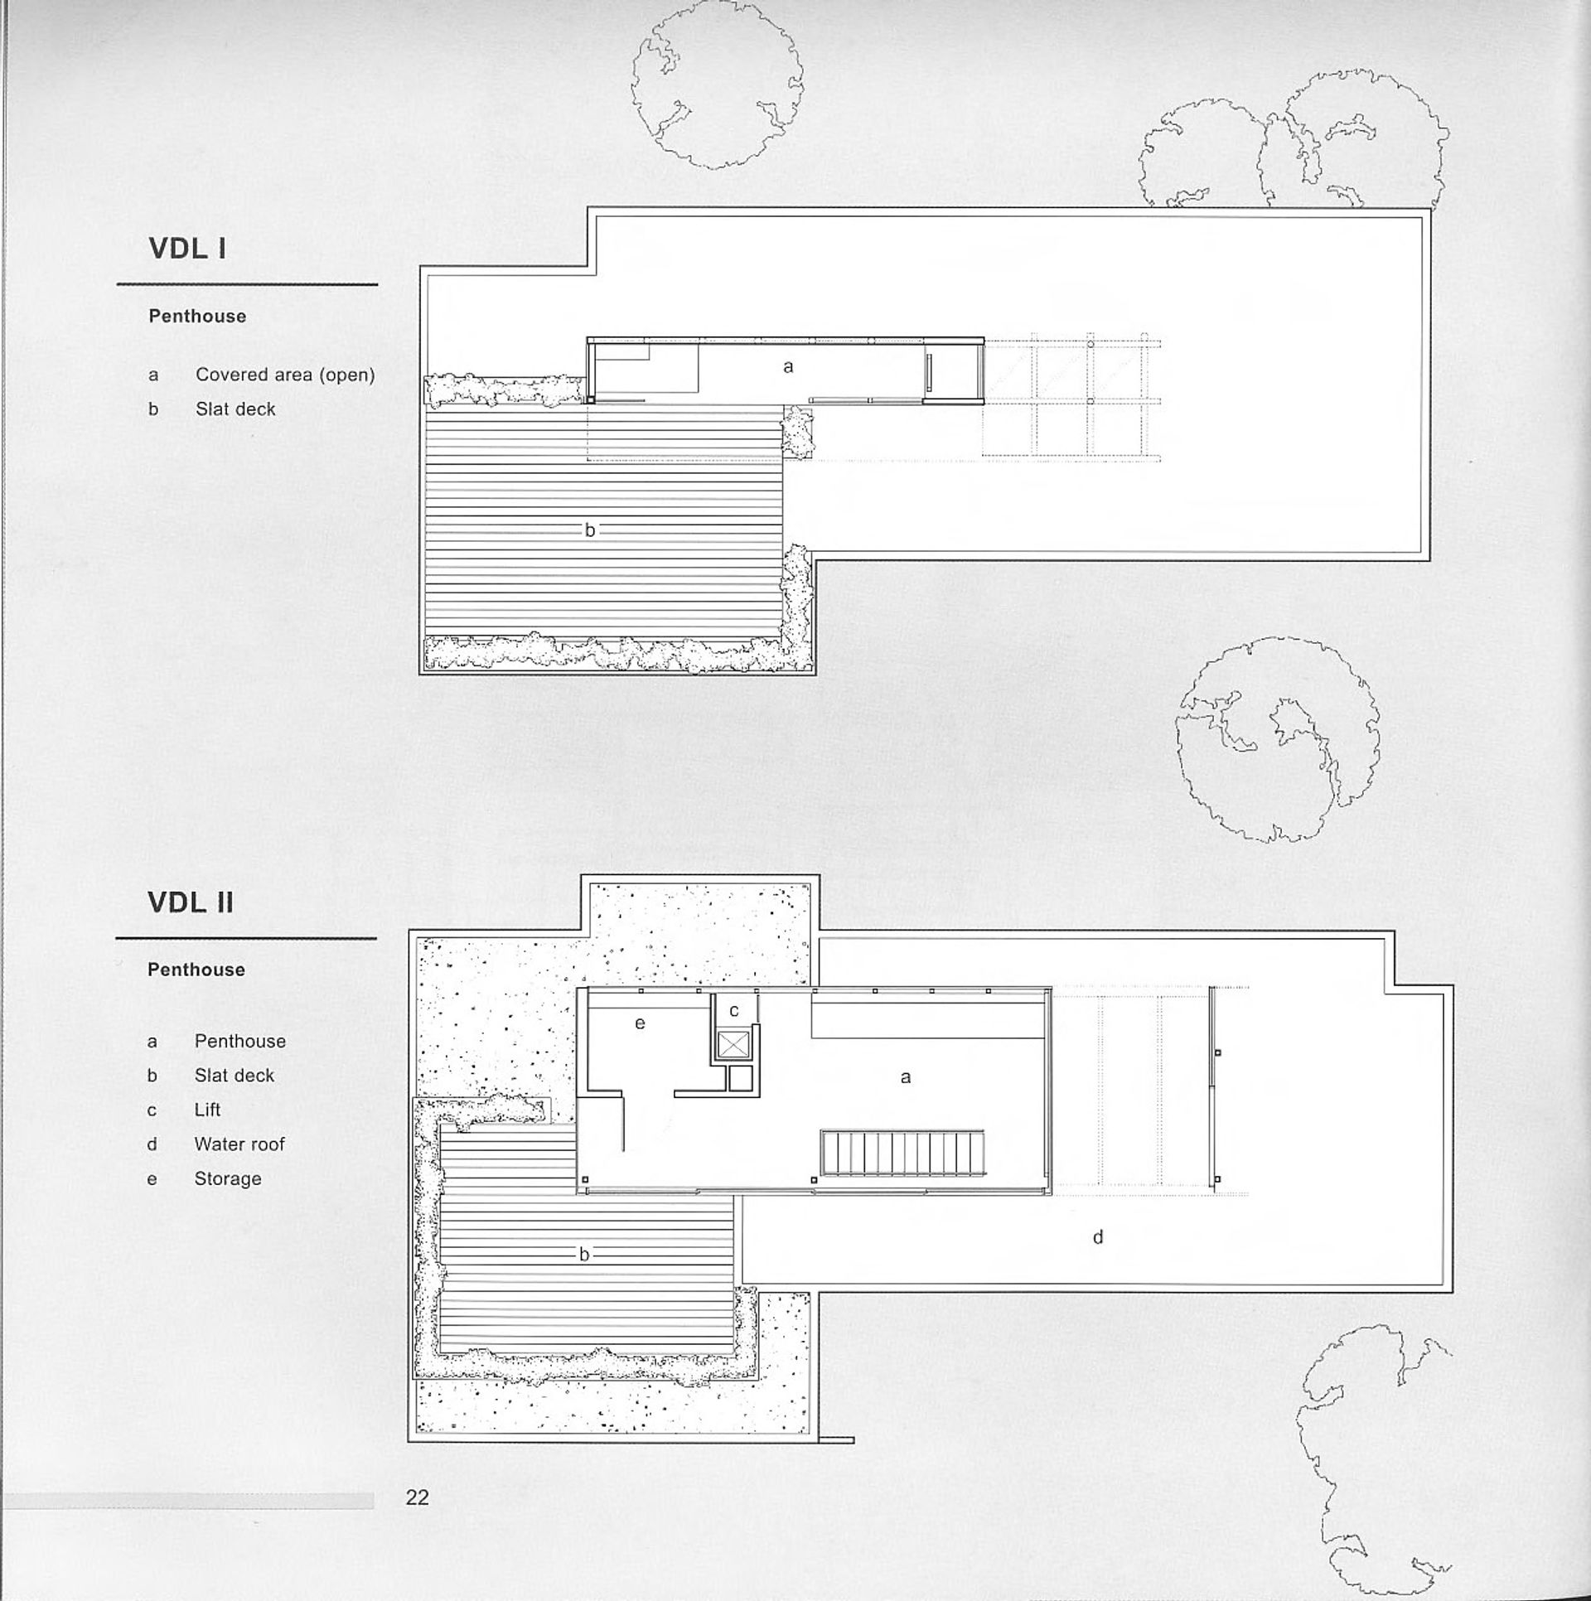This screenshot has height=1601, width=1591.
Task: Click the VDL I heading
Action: coord(187,249)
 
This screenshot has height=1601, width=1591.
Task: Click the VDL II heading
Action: coord(191,902)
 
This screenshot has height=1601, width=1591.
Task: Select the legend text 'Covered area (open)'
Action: coord(285,375)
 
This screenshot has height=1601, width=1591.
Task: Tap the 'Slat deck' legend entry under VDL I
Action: coord(235,409)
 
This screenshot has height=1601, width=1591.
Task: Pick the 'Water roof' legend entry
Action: coord(239,1144)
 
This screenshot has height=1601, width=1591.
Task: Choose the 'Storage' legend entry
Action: coord(228,1178)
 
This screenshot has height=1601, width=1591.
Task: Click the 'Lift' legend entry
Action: coord(207,1110)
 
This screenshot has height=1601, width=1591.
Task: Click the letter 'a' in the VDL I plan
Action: coord(788,365)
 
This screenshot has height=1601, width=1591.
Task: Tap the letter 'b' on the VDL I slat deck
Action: coord(590,530)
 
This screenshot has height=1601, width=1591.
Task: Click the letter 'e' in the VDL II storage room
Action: coord(640,1023)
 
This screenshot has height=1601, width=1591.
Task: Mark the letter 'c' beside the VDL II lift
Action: coord(733,1011)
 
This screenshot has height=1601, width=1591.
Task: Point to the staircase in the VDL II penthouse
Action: coord(902,1154)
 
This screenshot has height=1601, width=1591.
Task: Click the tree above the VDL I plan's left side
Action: coord(716,87)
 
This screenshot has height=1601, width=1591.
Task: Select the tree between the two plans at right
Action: coord(1277,738)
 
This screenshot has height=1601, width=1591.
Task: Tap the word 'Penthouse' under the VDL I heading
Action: coord(197,317)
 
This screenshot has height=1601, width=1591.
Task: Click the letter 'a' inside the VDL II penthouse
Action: coord(906,1077)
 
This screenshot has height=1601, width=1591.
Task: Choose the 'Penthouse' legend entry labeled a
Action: coord(239,1041)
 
